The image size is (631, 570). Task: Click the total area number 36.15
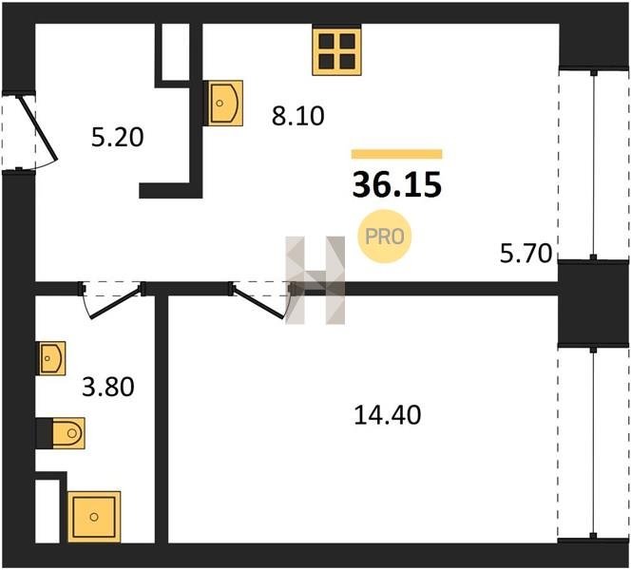tap(397, 185)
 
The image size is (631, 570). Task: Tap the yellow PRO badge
tap(385, 237)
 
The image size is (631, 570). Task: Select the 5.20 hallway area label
tap(118, 137)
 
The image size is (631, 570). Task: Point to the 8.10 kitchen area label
tap(297, 116)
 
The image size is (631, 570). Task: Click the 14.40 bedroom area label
tap(388, 415)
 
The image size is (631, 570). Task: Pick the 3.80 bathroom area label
tap(107, 387)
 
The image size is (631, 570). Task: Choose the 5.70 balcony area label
tap(526, 254)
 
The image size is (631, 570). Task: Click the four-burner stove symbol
tap(336, 50)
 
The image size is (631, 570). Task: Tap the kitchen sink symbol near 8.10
tap(223, 103)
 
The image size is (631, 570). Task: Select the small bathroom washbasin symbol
tap(52, 358)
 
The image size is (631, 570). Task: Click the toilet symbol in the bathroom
tap(67, 433)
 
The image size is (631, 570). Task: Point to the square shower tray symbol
tap(94, 517)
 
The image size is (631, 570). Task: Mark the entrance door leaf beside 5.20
tap(39, 128)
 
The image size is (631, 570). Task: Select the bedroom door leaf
tap(258, 303)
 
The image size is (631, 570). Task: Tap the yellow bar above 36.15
tap(397, 154)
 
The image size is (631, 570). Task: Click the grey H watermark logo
tap(315, 280)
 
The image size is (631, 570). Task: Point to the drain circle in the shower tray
tap(94, 517)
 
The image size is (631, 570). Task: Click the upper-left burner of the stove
tap(326, 41)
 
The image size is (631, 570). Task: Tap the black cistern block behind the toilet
tap(45, 433)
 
